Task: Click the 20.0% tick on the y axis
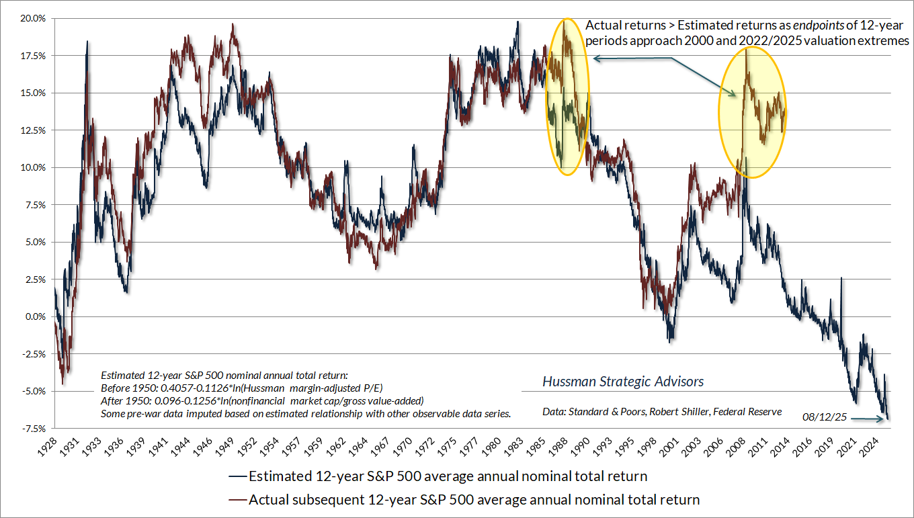pyautogui.click(x=32, y=19)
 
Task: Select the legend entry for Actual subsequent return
pyautogui.click(x=464, y=499)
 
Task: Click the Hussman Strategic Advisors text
pyautogui.click(x=623, y=382)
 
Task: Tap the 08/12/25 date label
pyautogui.click(x=823, y=418)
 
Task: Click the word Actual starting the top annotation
pyautogui.click(x=604, y=26)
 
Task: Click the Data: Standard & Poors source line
pyautogui.click(x=662, y=411)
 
